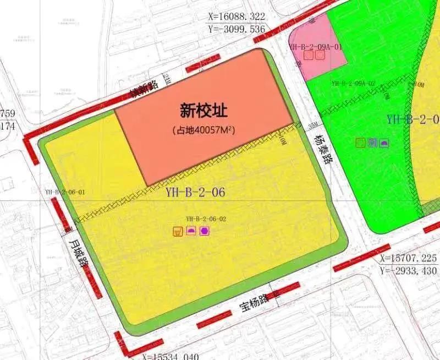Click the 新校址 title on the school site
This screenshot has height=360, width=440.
click(x=204, y=111)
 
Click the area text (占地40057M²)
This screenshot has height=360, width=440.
click(x=204, y=130)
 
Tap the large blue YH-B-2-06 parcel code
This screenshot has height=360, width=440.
click(x=195, y=193)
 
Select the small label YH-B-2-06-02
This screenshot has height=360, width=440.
click(x=206, y=219)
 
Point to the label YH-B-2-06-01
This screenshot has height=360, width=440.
click(x=65, y=192)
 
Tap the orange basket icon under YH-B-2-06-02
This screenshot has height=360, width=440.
click(x=178, y=231)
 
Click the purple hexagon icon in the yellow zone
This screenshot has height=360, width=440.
click(x=204, y=231)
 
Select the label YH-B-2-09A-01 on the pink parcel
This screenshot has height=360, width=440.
click(x=316, y=47)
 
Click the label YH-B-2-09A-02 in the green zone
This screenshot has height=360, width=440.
click(x=354, y=83)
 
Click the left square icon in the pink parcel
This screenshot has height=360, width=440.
click(x=309, y=55)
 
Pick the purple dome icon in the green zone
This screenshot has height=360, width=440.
click(x=384, y=143)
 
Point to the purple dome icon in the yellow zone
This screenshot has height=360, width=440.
click(x=191, y=231)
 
